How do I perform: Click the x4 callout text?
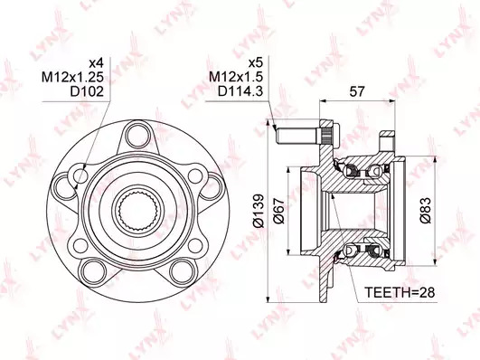tap(96, 63)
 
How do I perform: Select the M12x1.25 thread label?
tap(72, 77)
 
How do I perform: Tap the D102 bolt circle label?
tap(87, 91)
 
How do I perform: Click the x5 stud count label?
tap(256, 63)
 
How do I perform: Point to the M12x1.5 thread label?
tap(236, 77)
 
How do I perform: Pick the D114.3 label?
tap(240, 91)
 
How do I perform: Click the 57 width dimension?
tap(357, 91)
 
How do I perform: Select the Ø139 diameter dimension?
tap(259, 211)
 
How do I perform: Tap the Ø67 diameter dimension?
tap(279, 211)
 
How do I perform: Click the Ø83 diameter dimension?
tap(426, 211)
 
